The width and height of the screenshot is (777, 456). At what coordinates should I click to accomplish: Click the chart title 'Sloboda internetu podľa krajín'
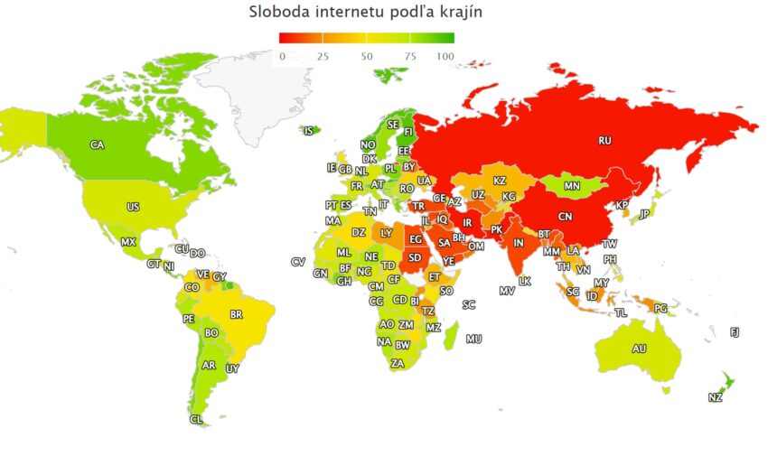click(366, 12)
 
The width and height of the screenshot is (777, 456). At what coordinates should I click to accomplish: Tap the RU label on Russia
click(605, 140)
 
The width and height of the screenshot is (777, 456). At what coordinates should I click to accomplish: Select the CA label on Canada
click(97, 144)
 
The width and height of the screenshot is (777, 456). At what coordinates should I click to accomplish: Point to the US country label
click(133, 207)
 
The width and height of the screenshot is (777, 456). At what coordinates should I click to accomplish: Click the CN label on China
click(565, 217)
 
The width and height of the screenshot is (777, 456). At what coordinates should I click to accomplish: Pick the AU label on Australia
click(639, 349)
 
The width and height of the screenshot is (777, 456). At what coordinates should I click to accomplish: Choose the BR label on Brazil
click(237, 314)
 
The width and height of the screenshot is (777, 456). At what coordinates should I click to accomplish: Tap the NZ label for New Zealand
click(715, 398)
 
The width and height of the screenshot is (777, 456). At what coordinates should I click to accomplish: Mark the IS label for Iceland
click(309, 131)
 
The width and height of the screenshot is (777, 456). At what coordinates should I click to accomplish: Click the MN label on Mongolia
click(571, 187)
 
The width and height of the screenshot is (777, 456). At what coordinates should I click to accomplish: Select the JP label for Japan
click(644, 214)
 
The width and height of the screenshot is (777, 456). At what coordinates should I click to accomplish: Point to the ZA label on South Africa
click(398, 363)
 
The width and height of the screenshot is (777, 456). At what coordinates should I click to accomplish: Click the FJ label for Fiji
click(735, 332)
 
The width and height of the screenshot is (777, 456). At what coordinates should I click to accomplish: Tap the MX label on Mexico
click(128, 242)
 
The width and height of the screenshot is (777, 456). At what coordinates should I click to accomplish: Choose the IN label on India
click(519, 243)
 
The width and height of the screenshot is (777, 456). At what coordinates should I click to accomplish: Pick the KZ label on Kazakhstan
click(499, 181)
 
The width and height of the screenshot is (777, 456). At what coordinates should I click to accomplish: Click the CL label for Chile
click(196, 419)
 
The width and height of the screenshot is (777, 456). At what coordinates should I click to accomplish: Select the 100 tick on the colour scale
click(445, 56)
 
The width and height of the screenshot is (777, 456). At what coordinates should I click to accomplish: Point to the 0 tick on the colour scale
click(282, 56)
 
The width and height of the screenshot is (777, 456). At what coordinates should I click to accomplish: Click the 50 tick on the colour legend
click(367, 56)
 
